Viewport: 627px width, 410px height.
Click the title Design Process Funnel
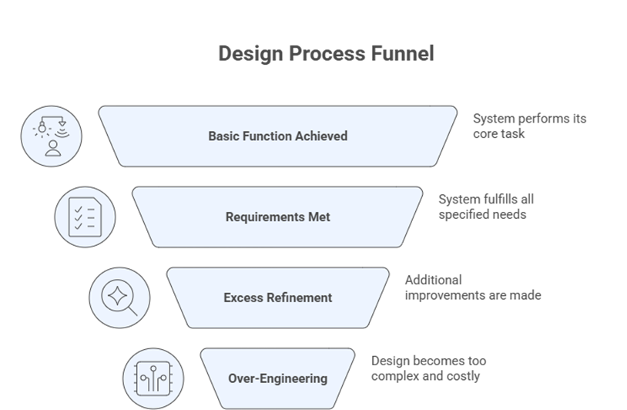[x=326, y=53]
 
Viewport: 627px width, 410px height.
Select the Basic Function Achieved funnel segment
[x=277, y=136]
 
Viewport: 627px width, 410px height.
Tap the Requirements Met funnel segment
[x=277, y=217]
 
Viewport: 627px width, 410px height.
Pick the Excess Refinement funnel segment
[x=277, y=297]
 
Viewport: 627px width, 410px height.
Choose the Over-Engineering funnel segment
[x=277, y=378]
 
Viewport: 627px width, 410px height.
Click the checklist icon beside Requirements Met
[x=85, y=217]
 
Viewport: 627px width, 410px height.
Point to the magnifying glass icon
[x=119, y=297]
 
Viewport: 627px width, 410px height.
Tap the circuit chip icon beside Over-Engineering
[x=153, y=378]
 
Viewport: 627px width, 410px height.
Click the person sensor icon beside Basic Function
[x=52, y=136]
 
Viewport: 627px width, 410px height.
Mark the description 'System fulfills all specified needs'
[x=485, y=207]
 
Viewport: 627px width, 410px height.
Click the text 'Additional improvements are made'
[x=472, y=287]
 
